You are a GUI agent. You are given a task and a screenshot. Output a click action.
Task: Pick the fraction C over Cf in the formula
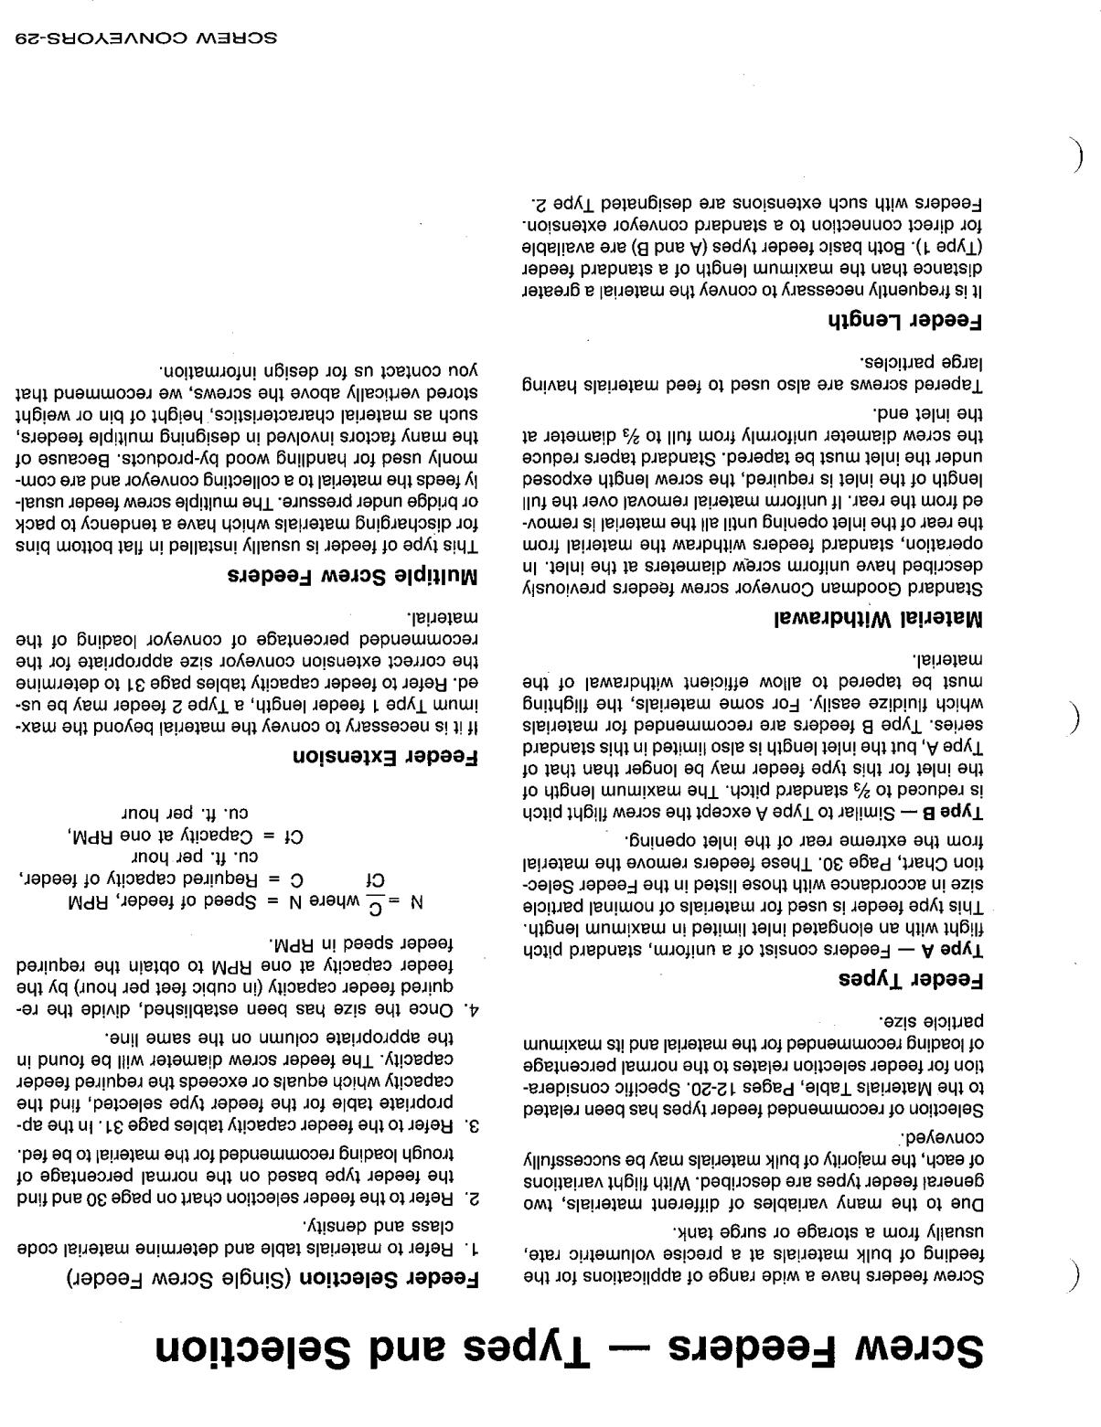(x=375, y=889)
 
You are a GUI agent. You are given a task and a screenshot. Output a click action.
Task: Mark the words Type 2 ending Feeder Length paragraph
(x=553, y=202)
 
